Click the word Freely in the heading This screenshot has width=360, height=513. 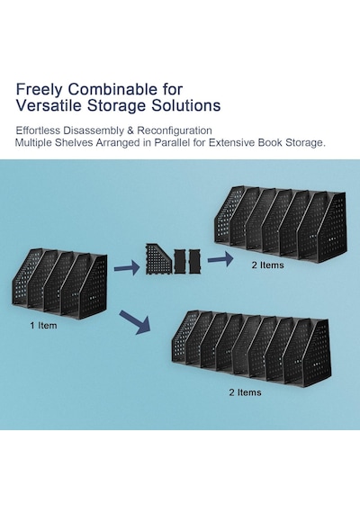pyautogui.click(x=39, y=90)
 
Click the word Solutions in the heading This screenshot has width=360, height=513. pyautogui.click(x=185, y=105)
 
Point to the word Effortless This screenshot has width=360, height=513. pyautogui.click(x=38, y=130)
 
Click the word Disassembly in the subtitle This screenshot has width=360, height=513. pyautogui.click(x=94, y=130)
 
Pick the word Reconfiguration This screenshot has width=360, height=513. pyautogui.click(x=175, y=130)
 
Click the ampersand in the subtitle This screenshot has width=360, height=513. pyautogui.click(x=130, y=130)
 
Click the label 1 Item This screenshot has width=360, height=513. pyautogui.click(x=43, y=326)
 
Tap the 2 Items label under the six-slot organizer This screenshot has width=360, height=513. pyautogui.click(x=267, y=265)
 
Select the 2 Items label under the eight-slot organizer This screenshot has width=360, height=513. pyautogui.click(x=245, y=392)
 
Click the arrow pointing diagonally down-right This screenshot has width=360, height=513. pyautogui.click(x=135, y=322)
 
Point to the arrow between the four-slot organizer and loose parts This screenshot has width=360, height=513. pyautogui.click(x=127, y=268)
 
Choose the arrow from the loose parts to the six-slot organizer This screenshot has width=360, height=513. pyautogui.click(x=220, y=259)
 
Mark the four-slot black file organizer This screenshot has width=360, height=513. pyautogui.click(x=59, y=284)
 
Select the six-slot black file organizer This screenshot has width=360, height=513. pyautogui.click(x=281, y=224)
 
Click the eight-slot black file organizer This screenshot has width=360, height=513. pyautogui.click(x=251, y=347)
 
